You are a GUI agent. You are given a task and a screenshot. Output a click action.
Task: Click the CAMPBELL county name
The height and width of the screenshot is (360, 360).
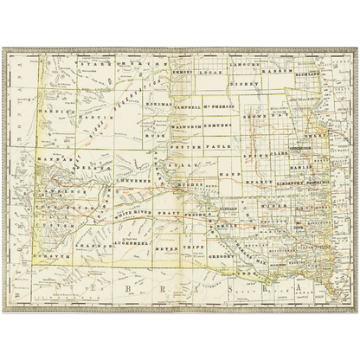[x=186, y=107]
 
